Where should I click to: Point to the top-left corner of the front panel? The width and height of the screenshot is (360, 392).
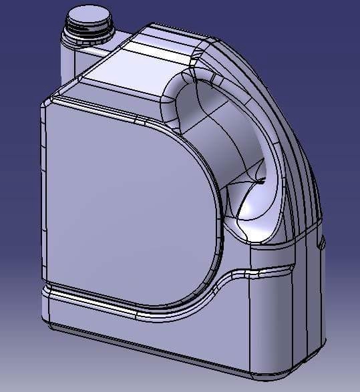tap(48, 100)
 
